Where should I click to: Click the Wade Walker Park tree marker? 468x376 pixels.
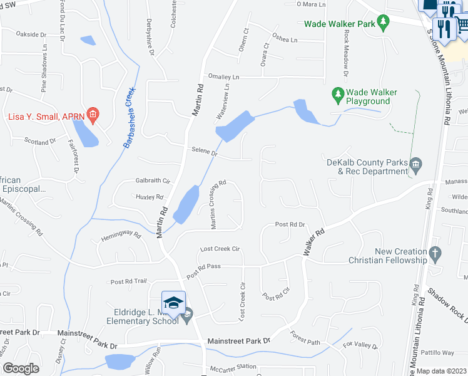(x=384, y=23)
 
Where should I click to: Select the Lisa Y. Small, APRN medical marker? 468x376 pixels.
(x=93, y=115)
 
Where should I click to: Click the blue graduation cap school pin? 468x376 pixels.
(x=173, y=302)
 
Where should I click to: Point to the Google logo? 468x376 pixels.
(x=21, y=368)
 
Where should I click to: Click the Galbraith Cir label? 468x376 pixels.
(x=153, y=180)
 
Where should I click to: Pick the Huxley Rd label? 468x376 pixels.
(x=149, y=197)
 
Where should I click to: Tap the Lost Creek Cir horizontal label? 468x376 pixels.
(x=220, y=249)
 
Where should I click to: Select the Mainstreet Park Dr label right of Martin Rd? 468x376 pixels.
(x=238, y=341)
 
